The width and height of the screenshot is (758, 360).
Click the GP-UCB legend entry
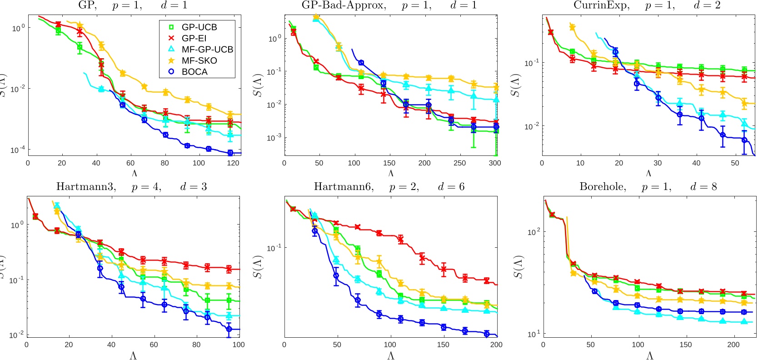199,27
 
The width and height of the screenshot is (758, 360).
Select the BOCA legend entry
194,72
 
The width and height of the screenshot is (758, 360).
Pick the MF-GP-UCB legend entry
207,50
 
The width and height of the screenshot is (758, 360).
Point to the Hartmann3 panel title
131,187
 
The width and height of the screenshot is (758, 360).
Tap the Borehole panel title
648,187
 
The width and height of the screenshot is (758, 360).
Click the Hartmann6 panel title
389,187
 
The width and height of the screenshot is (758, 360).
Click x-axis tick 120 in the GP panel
233,163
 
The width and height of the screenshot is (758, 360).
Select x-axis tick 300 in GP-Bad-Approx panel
494,163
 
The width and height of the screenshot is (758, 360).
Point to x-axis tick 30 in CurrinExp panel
658,163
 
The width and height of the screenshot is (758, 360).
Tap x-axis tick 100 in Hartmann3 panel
238,345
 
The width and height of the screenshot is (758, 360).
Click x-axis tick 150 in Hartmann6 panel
443,345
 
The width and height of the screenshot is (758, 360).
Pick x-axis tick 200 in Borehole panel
733,345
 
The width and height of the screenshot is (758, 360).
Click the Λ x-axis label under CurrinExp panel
648,173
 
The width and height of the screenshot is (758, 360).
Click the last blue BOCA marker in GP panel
230,153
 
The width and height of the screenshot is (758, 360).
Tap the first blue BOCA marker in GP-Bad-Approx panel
361,63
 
